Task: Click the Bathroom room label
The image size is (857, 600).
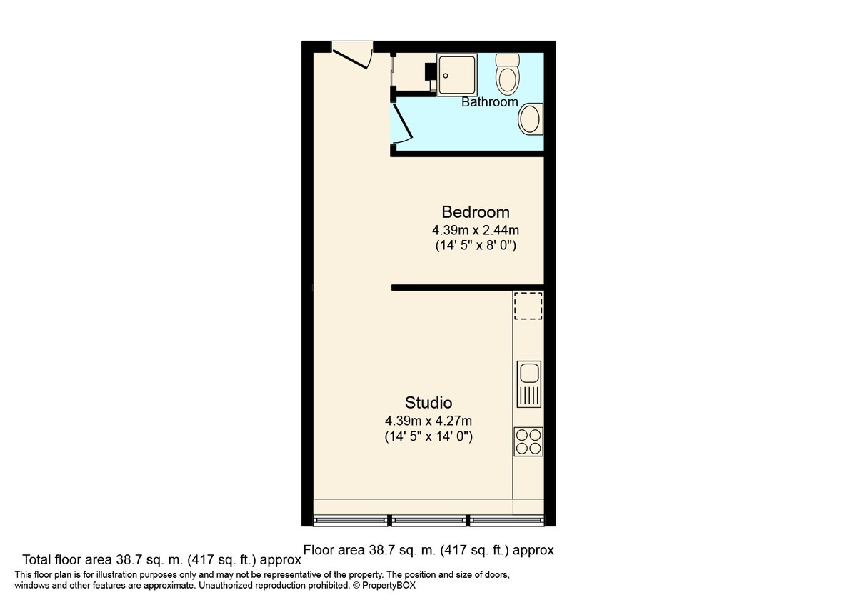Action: tap(489, 102)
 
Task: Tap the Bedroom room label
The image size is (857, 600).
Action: tap(475, 212)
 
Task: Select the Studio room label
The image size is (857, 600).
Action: tap(428, 402)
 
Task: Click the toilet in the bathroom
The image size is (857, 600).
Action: tap(508, 74)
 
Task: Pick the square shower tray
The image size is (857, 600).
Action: tap(456, 75)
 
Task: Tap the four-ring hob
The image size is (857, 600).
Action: tap(528, 441)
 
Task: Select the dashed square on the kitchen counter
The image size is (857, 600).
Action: tap(528, 306)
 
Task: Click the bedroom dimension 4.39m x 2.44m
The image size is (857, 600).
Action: tap(475, 231)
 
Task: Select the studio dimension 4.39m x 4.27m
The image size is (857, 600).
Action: tap(428, 421)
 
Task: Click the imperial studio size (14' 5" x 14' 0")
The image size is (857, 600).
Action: tap(428, 436)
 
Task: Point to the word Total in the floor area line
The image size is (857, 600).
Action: tap(37, 559)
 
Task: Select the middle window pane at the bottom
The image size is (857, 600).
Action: tap(428, 519)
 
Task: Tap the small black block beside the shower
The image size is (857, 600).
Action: tap(431, 73)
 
